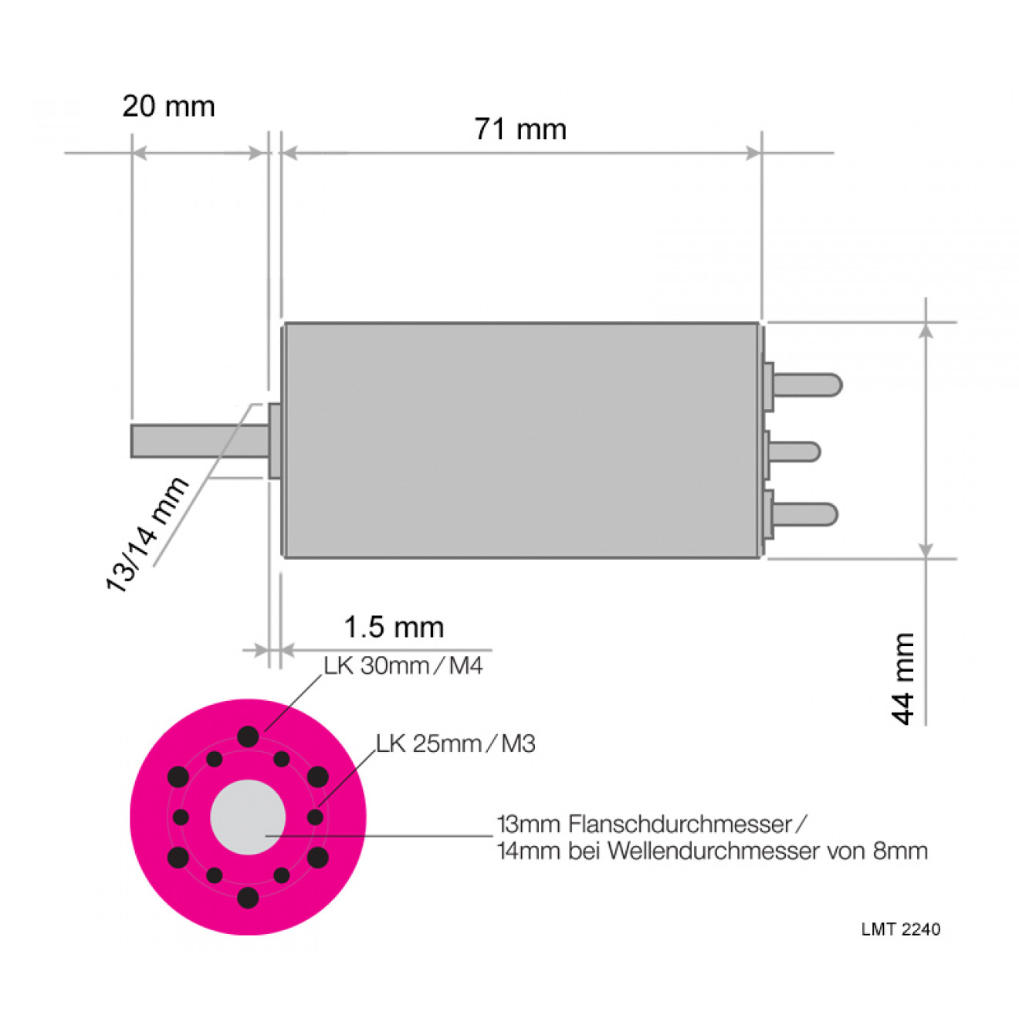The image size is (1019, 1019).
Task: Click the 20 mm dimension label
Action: click(169, 107)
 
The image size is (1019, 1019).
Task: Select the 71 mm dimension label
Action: click(520, 130)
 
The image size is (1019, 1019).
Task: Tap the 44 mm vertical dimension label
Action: click(902, 679)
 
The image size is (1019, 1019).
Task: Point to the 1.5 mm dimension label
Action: click(394, 628)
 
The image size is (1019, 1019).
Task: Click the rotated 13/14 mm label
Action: click(147, 534)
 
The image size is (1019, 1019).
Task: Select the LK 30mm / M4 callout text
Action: click(403, 666)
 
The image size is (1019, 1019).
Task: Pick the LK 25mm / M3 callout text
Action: click(455, 744)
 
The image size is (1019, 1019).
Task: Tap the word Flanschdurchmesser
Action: click(680, 824)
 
